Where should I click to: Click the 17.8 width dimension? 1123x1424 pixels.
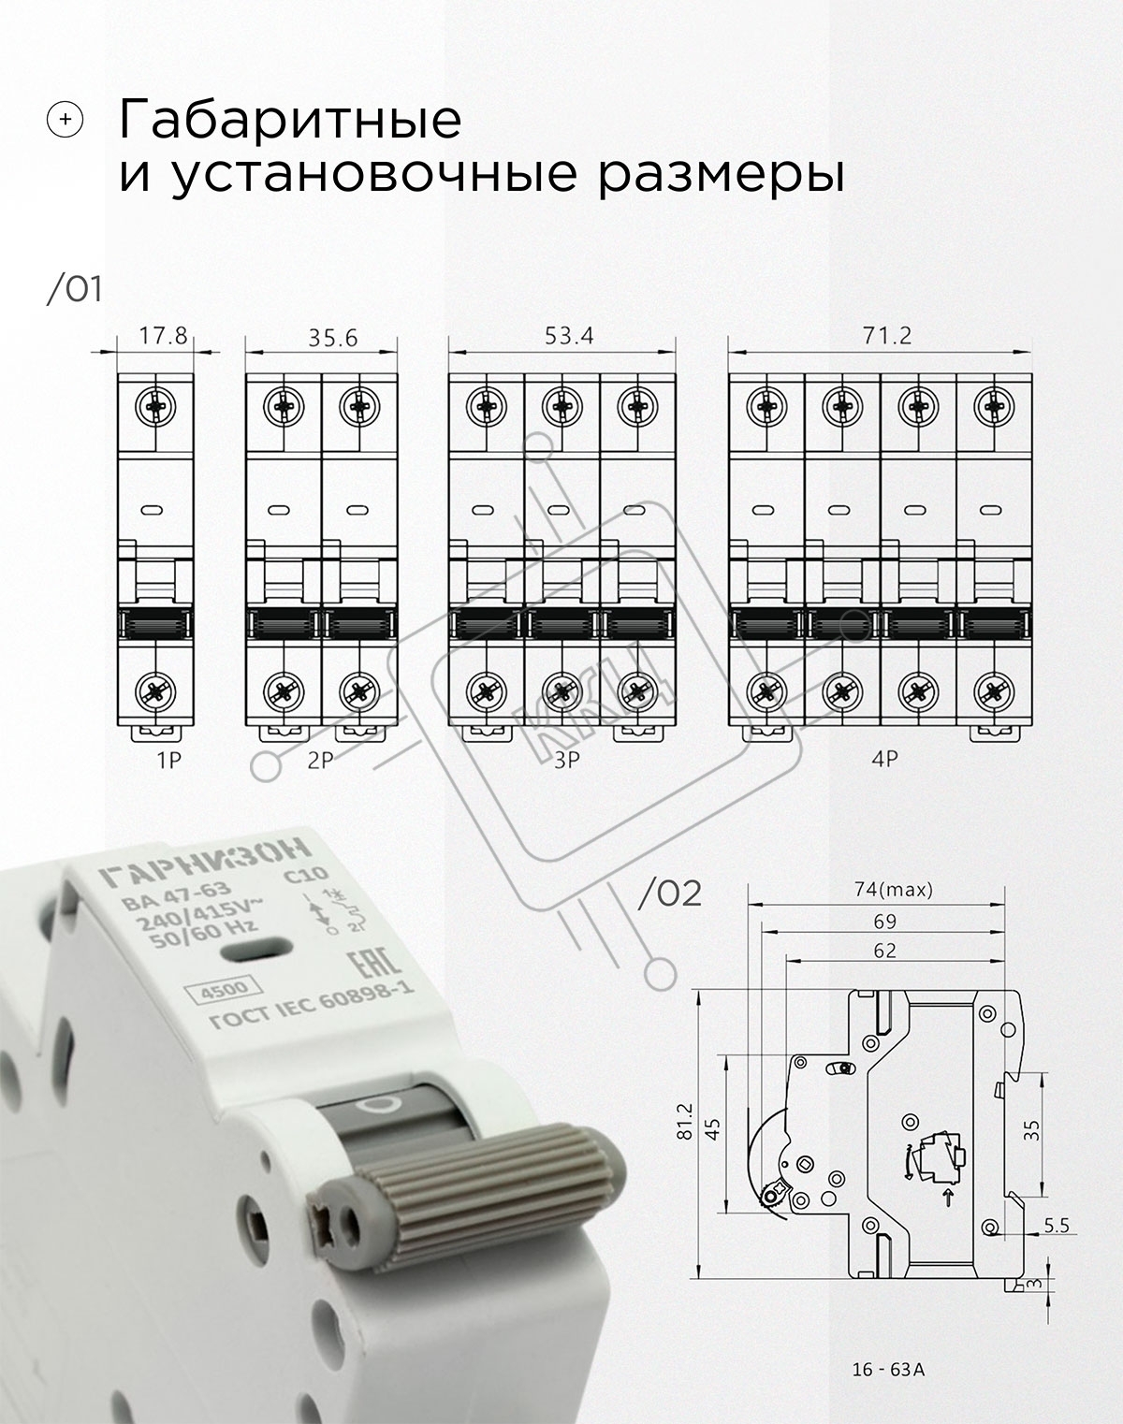(x=163, y=336)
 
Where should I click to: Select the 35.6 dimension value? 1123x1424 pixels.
(x=332, y=338)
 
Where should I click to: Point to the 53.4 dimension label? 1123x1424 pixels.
(x=569, y=336)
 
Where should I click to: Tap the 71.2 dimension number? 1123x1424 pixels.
(x=886, y=336)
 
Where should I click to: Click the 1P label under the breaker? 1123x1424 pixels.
(x=168, y=761)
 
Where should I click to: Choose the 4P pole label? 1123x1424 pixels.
(x=884, y=759)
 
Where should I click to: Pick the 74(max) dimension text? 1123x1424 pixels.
(x=893, y=890)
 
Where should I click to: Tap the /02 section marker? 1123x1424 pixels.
(x=669, y=894)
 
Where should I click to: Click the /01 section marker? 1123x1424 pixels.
(x=74, y=289)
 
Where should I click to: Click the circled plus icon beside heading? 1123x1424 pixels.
(x=65, y=120)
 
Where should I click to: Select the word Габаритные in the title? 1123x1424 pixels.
(x=290, y=119)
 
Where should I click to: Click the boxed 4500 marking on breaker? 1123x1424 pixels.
(x=225, y=990)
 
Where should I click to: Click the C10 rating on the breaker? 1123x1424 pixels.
(x=305, y=876)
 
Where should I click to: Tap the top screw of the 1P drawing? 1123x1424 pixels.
(x=155, y=406)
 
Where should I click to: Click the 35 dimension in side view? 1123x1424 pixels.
(x=1031, y=1131)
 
